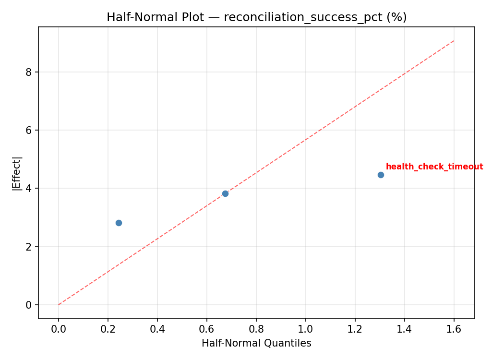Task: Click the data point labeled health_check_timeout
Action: [381, 175]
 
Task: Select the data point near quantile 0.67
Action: [225, 193]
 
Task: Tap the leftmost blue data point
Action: [119, 223]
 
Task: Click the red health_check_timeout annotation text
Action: [434, 167]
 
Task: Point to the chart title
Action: [256, 17]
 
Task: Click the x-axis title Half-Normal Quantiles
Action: [256, 343]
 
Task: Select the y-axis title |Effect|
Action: [17, 173]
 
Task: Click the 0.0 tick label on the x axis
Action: [59, 329]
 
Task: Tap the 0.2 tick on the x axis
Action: [108, 329]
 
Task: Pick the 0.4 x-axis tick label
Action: [157, 329]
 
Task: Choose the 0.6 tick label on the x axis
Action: [207, 329]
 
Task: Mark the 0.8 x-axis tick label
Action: [256, 329]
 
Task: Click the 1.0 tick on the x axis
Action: [306, 329]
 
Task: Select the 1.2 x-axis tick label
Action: [355, 329]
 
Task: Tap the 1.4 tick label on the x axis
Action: [405, 329]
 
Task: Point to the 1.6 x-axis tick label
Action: [454, 329]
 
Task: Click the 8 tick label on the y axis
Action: [29, 72]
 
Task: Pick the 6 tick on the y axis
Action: [29, 130]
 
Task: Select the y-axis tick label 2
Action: [29, 247]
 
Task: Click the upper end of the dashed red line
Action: [454, 41]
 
